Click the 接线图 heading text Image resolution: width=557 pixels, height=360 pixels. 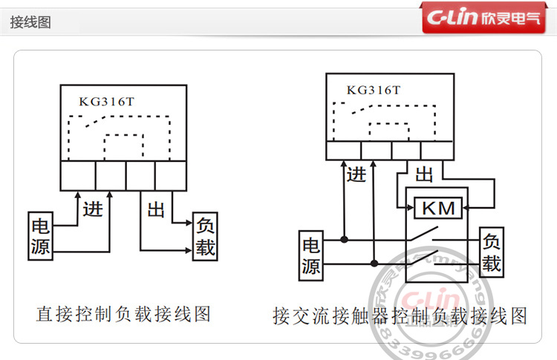click(x=30, y=22)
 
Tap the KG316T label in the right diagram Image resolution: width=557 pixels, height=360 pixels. click(x=374, y=90)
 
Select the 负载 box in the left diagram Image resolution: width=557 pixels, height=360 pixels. click(x=206, y=237)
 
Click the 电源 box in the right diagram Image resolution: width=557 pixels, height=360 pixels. click(x=311, y=255)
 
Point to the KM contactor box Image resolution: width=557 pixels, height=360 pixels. click(x=437, y=209)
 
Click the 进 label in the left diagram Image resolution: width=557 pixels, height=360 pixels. click(x=93, y=209)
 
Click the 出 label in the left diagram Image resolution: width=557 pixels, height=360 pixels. click(x=156, y=210)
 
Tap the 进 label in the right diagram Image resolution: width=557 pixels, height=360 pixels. click(x=356, y=175)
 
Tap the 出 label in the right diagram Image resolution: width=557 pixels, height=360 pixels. click(x=424, y=175)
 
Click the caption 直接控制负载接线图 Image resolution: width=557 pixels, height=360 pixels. click(x=123, y=314)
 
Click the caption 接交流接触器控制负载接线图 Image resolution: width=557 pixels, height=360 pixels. click(x=400, y=316)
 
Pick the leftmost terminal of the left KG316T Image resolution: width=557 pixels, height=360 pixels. click(x=78, y=176)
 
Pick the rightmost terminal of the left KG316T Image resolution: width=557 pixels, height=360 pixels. click(x=170, y=176)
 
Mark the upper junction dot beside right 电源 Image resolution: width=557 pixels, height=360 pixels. click(x=344, y=240)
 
